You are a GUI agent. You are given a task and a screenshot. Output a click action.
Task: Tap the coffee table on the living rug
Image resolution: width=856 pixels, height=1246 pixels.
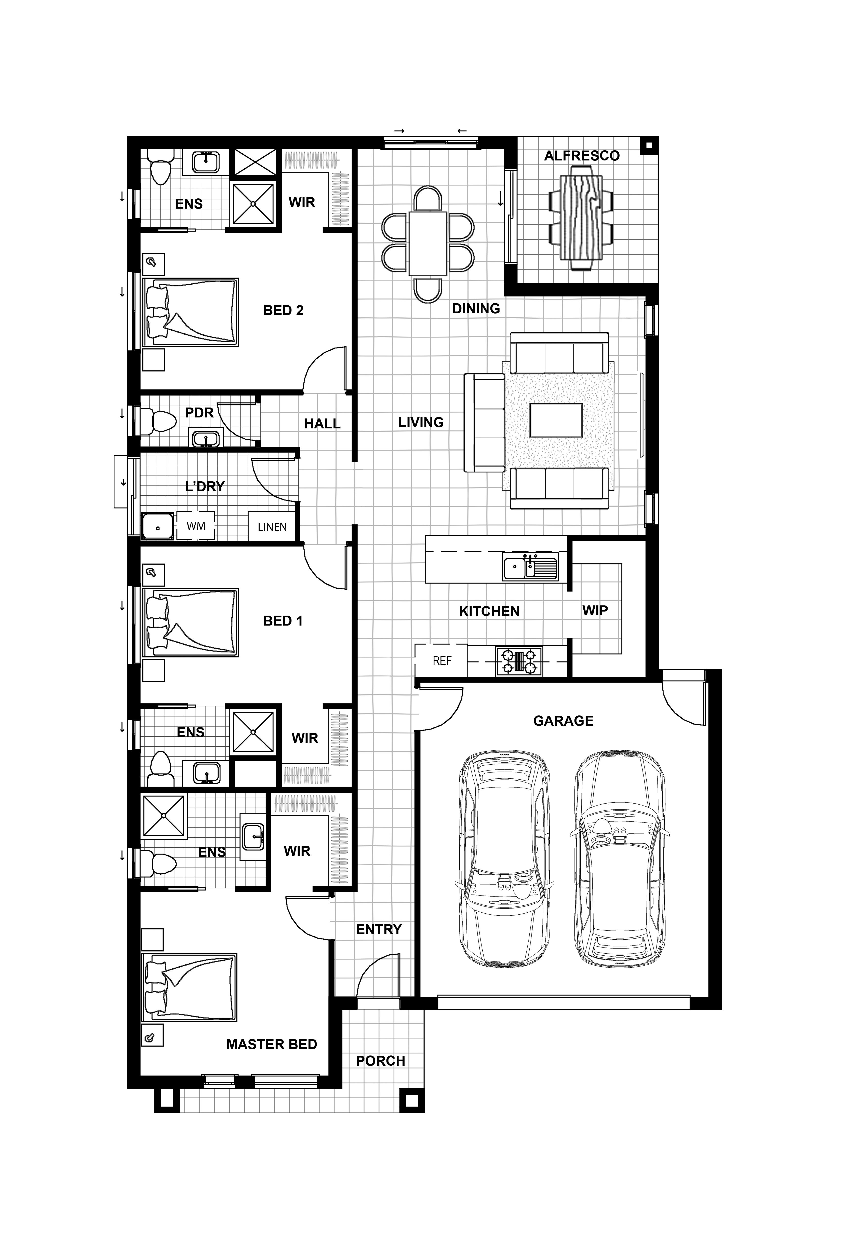(556, 420)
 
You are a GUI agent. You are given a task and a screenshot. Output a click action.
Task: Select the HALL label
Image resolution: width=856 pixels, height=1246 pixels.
(322, 424)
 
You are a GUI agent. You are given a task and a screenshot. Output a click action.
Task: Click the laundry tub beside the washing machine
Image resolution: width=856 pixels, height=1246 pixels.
(158, 526)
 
